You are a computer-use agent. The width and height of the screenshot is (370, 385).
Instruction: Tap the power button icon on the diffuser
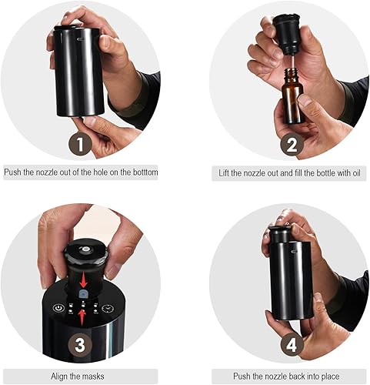point(58,307)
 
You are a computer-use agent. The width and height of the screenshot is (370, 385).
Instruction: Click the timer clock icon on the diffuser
point(107,308)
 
